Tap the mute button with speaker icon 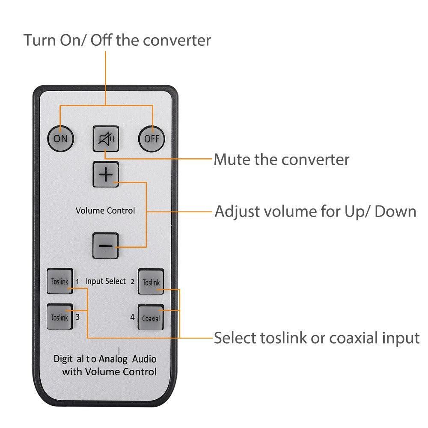(x=106, y=139)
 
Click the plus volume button (x=106, y=175)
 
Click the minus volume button (x=106, y=246)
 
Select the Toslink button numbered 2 (x=151, y=282)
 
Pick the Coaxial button (x=151, y=318)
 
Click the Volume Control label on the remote (x=105, y=211)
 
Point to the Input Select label (x=106, y=281)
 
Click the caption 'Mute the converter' (x=281, y=160)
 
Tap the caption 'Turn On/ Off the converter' (x=117, y=40)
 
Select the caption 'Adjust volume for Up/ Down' (x=315, y=211)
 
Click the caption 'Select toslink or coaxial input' (x=316, y=338)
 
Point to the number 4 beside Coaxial (x=132, y=318)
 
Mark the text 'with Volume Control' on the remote (x=109, y=372)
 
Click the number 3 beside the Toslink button (x=77, y=317)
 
